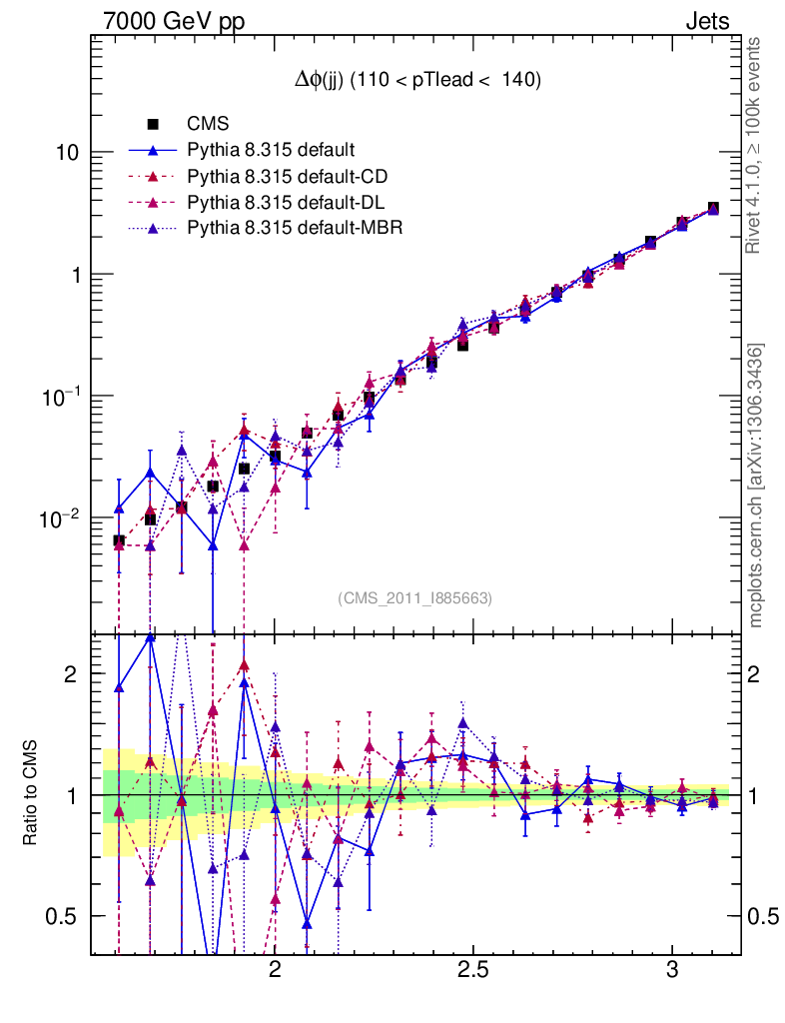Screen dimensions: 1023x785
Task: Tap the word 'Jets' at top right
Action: pos(706,21)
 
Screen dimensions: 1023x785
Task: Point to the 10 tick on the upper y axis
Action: pos(67,153)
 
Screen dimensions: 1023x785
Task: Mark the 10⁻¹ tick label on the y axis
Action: pos(62,398)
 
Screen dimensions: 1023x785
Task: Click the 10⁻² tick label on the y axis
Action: pos(62,519)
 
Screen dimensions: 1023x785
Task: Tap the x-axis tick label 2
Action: pos(275,972)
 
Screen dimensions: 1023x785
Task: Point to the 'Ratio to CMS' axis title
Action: pos(30,795)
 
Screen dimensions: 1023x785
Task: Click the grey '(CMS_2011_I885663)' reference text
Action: pos(414,598)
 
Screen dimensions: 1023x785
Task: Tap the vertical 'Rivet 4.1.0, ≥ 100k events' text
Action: pos(755,146)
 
